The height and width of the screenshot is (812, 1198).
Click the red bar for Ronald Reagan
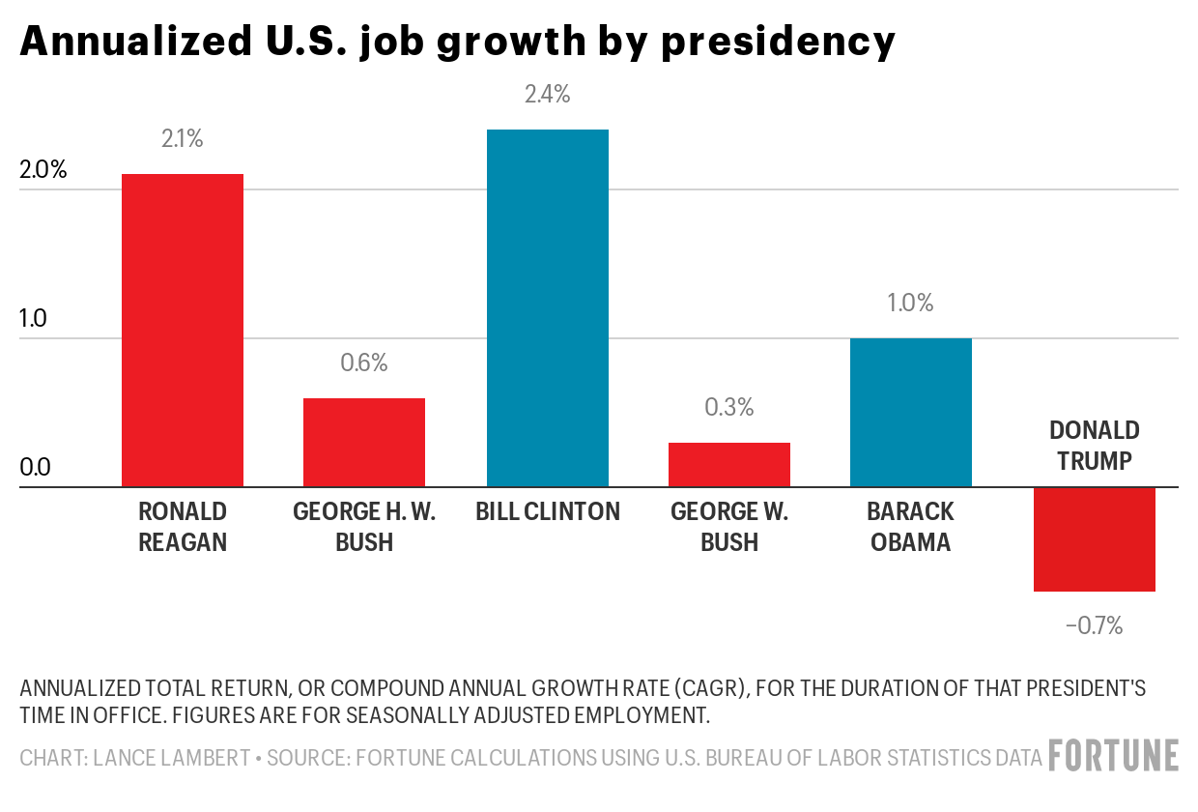(182, 330)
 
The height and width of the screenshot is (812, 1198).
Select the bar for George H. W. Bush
(364, 442)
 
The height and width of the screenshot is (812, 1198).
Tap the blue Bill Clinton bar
(548, 307)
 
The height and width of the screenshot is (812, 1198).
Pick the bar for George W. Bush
(729, 464)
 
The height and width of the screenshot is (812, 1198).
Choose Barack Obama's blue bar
(911, 412)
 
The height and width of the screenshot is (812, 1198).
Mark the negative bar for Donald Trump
(1094, 538)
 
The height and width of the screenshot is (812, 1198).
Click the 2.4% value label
(548, 95)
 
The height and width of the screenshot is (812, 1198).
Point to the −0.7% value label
(1094, 626)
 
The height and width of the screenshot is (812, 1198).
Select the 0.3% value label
(729, 407)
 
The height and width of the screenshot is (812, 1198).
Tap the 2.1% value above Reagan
(182, 139)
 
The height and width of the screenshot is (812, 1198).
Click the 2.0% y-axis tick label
(43, 170)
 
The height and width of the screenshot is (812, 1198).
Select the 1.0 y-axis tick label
(34, 320)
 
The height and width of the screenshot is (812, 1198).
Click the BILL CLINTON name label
(548, 511)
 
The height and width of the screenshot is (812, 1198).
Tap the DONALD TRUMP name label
(1094, 446)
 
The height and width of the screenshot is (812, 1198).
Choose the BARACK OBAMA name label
(911, 527)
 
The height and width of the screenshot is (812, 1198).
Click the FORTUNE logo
(1114, 755)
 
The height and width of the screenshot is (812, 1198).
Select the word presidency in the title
(778, 43)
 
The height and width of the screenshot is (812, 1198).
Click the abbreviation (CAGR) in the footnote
(712, 689)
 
